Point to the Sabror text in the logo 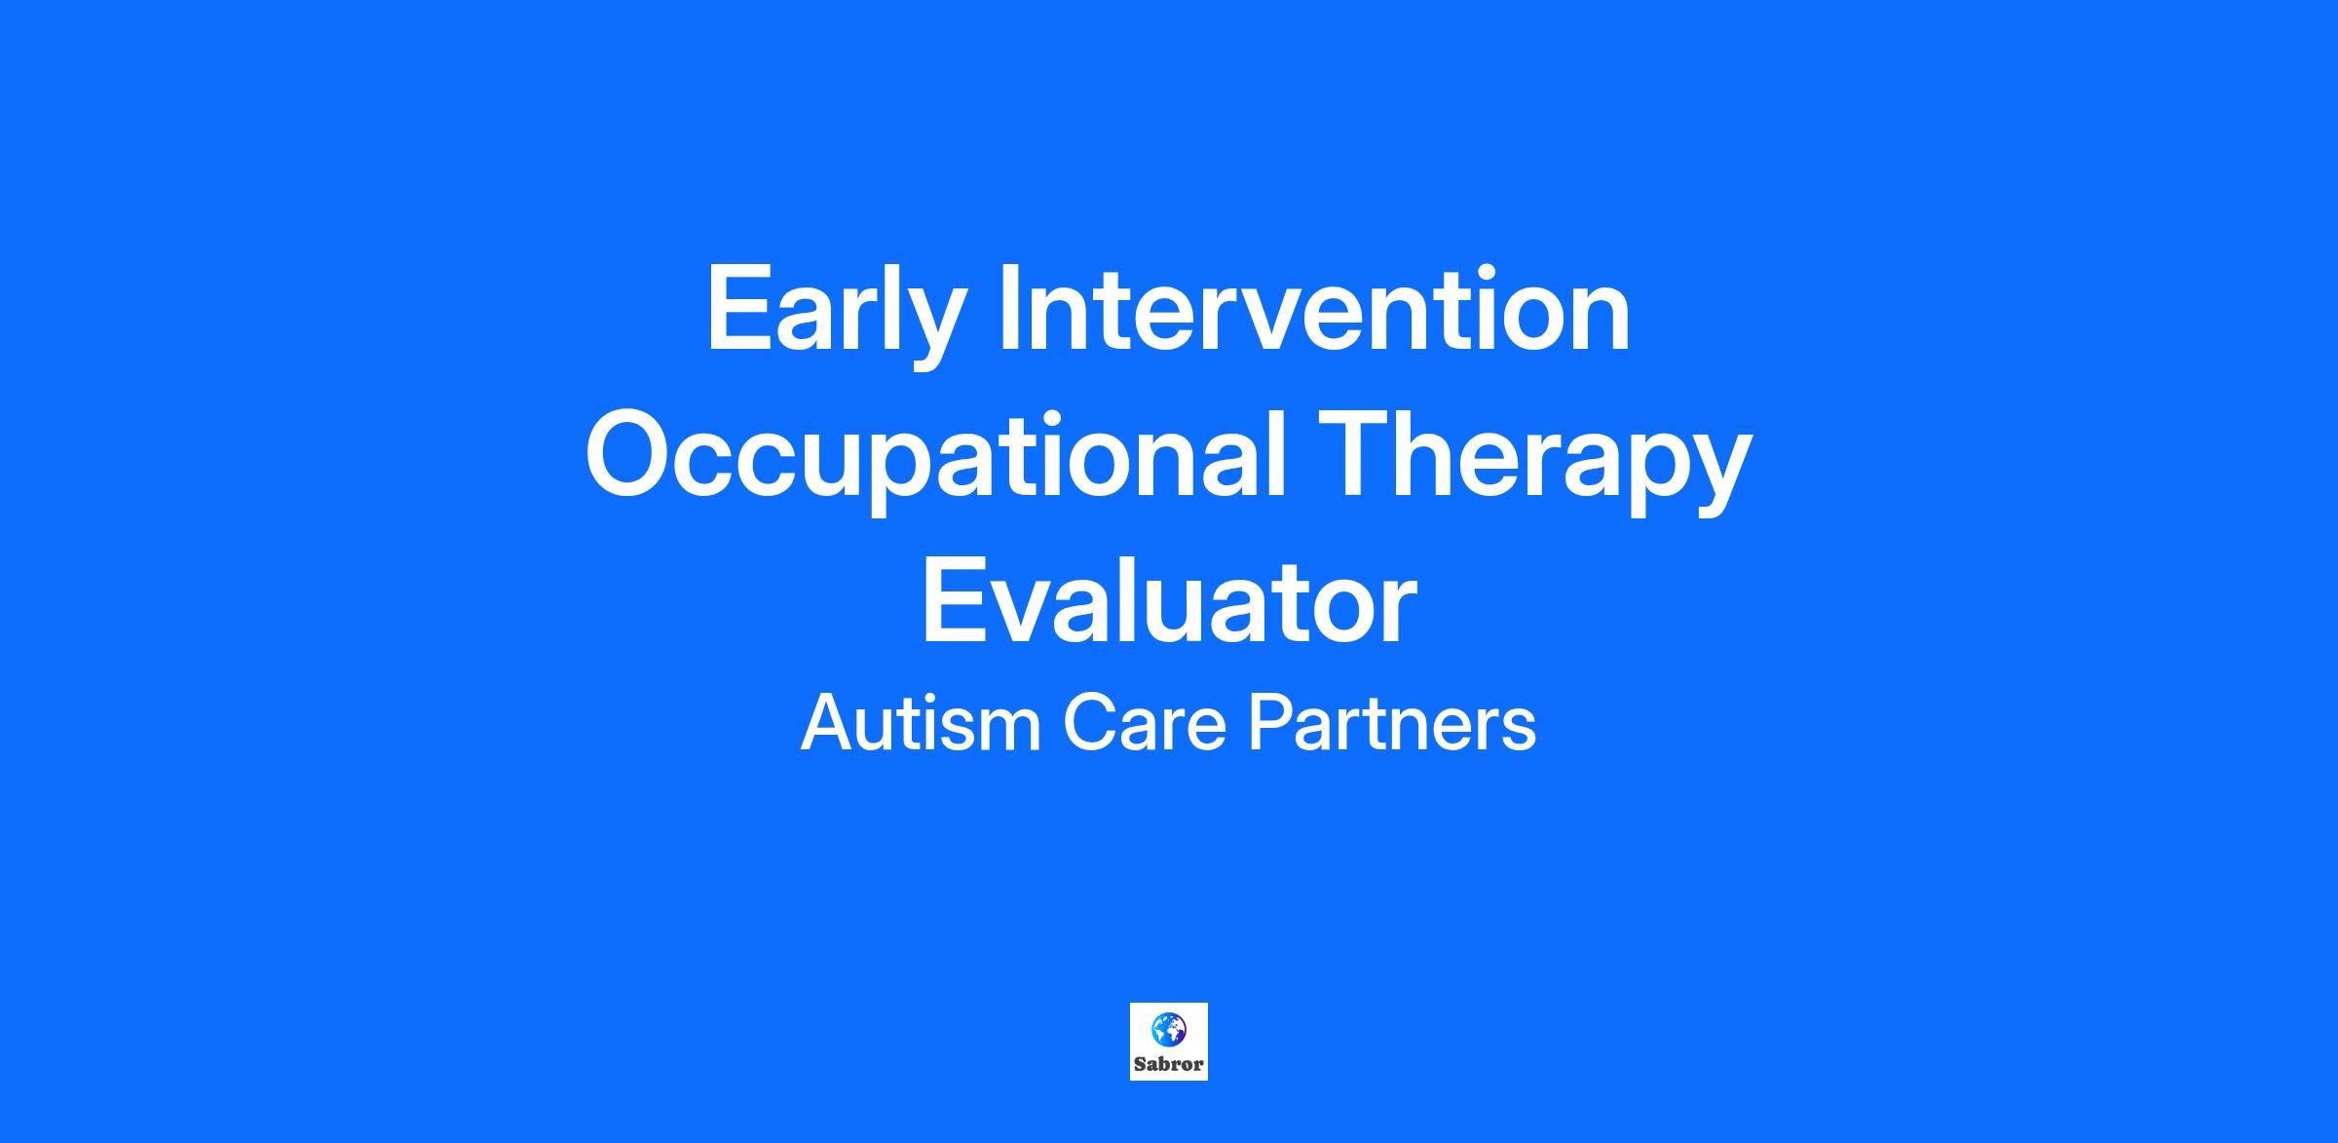coord(1168,1064)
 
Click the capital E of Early coord(740,308)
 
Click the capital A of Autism coord(828,722)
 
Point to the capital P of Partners coord(1271,722)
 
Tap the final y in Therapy coord(1719,476)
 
